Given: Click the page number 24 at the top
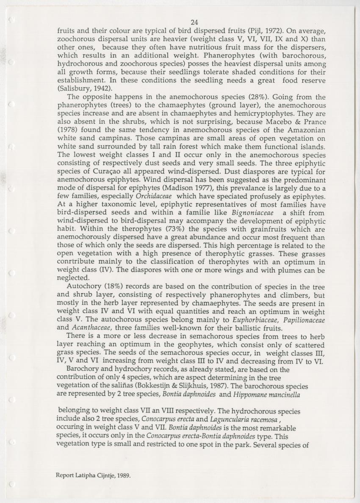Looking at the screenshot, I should (194, 22).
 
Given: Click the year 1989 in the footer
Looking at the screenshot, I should (123, 475).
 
